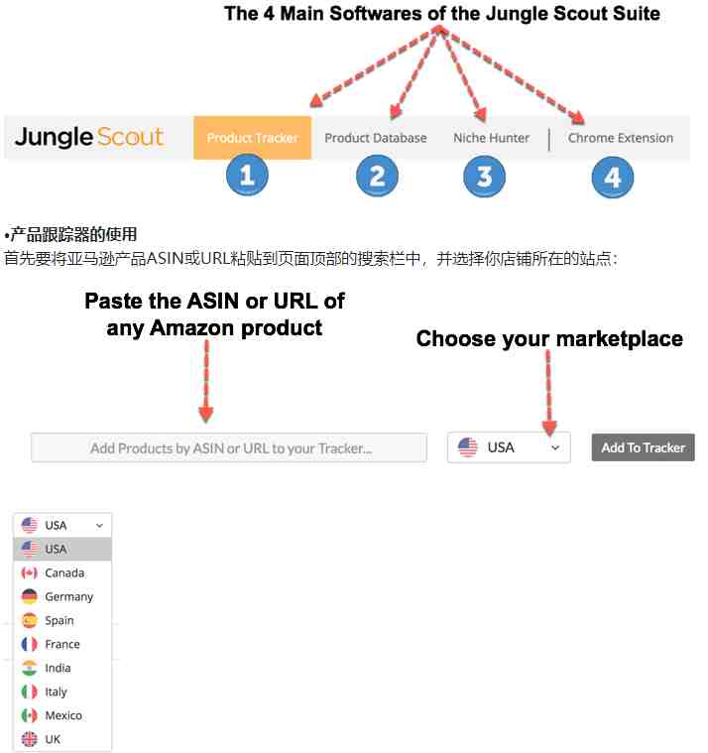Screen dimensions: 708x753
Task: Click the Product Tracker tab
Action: [253, 138]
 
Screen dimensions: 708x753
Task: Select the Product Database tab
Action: [376, 138]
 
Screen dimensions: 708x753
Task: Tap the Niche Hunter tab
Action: [491, 138]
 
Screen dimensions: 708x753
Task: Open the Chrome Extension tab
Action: [620, 138]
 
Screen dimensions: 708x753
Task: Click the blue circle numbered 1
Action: [247, 175]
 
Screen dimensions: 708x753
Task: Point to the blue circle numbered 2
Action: [377, 176]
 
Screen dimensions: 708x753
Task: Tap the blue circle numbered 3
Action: [484, 177]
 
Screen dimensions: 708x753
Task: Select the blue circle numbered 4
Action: [613, 178]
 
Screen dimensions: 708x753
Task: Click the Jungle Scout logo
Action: [89, 137]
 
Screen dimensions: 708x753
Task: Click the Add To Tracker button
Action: [643, 447]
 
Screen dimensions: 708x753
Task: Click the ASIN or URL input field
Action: [229, 448]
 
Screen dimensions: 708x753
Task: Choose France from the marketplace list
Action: [62, 644]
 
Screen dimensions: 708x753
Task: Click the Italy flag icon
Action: [30, 691]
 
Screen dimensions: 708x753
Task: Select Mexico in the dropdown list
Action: [62, 715]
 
